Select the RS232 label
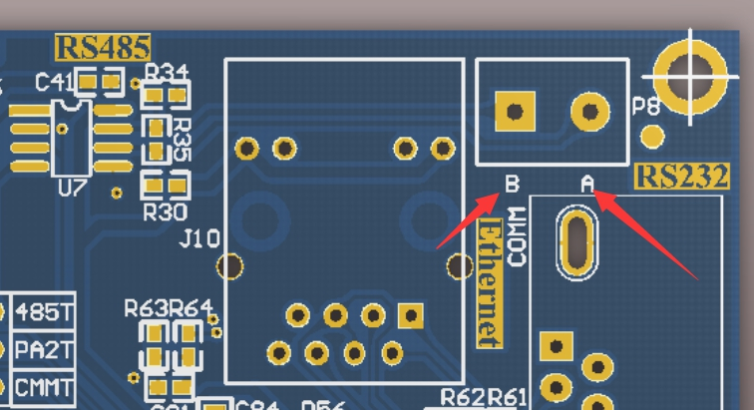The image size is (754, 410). click(681, 177)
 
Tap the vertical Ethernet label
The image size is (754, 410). click(488, 283)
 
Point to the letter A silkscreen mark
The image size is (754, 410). click(587, 183)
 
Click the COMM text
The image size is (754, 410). click(516, 235)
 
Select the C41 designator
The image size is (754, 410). click(53, 83)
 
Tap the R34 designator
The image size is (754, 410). click(167, 73)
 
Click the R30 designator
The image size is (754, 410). click(165, 211)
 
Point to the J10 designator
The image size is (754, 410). click(198, 239)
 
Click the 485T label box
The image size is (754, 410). click(45, 312)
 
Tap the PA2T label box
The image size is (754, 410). click(45, 350)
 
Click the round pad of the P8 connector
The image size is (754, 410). click(589, 111)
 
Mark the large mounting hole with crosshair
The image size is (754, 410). click(690, 72)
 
